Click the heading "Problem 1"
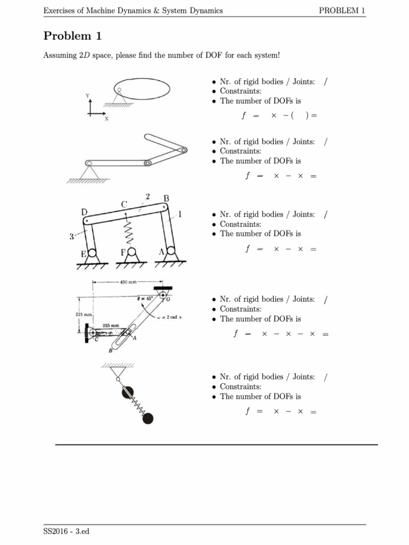click(x=72, y=36)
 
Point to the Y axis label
click(x=88, y=95)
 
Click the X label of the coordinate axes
click(x=106, y=119)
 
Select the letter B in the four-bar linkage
click(x=166, y=199)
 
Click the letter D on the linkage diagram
click(x=84, y=212)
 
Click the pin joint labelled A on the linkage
click(x=170, y=252)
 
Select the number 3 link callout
click(x=71, y=237)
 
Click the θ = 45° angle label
click(x=144, y=299)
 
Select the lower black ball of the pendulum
click(x=148, y=418)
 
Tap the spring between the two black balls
click(x=138, y=406)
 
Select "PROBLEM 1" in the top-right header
click(x=342, y=11)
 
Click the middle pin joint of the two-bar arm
click(x=148, y=163)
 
